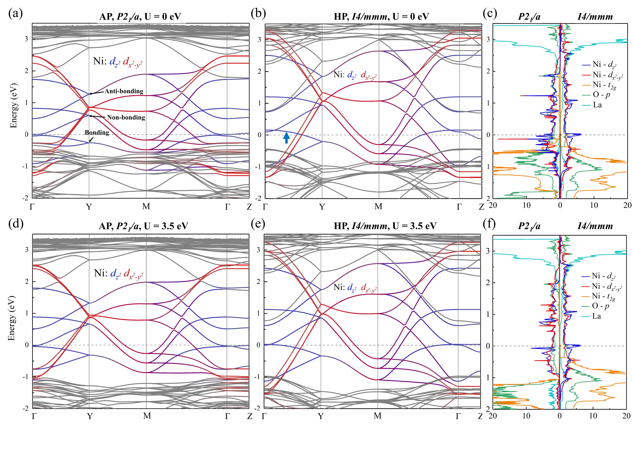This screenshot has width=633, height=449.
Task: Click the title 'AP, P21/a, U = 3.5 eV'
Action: coord(143,226)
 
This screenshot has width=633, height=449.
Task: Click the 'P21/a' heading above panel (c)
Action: coord(529,17)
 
